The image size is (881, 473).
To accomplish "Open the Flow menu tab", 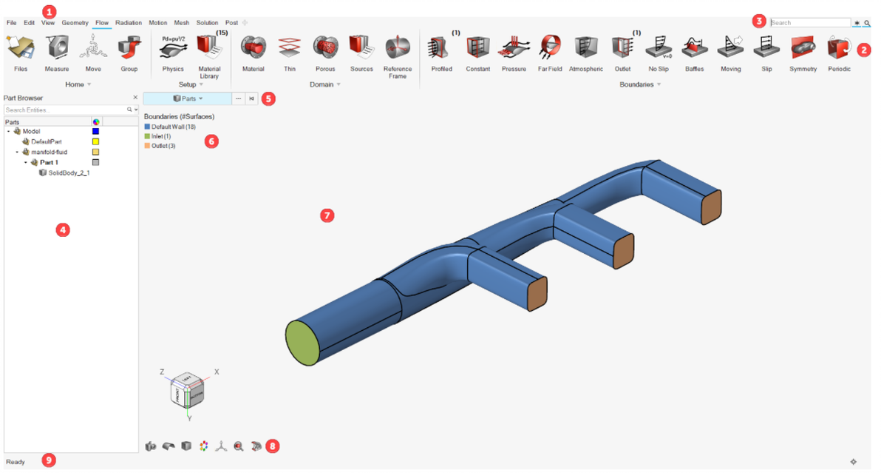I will coord(102,23).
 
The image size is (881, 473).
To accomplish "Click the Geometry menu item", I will coord(75,23).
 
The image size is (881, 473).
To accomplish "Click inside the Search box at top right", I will coord(809,23).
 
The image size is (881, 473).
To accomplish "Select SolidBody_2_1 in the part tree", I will coord(68,172).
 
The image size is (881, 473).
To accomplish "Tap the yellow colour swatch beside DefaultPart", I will coord(95,141).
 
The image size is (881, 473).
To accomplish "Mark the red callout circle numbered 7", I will coord(327,215).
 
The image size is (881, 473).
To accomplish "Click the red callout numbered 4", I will coord(63,229).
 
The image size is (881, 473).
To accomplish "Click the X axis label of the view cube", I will coord(217,372).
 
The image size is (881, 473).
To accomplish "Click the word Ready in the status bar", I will coord(15,462).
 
